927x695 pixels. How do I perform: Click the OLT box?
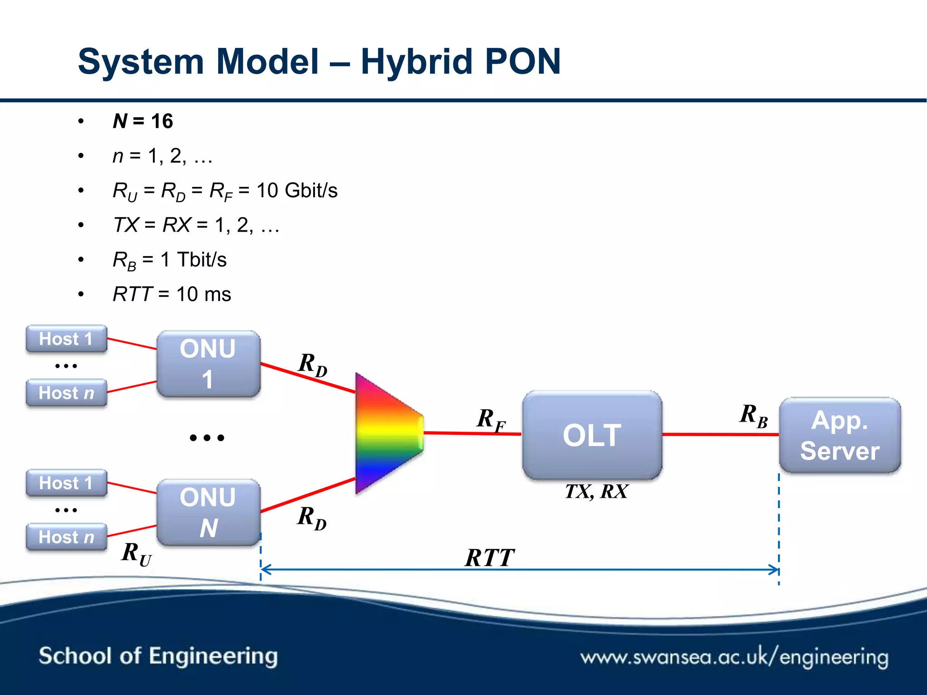(592, 435)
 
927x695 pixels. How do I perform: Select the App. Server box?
(840, 435)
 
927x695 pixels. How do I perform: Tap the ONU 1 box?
(208, 364)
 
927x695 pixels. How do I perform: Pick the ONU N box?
(208, 512)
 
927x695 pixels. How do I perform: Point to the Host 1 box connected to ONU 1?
(66, 338)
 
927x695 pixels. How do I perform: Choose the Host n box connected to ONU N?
(66, 537)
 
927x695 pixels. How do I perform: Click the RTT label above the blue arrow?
(490, 557)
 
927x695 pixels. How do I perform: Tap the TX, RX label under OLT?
(596, 491)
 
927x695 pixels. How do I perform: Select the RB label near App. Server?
(753, 415)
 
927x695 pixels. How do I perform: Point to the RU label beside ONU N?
(136, 553)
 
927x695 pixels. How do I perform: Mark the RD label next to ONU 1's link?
(312, 364)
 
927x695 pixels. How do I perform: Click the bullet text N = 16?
(143, 121)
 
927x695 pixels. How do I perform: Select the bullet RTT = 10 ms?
(172, 295)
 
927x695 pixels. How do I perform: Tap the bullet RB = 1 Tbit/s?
(170, 260)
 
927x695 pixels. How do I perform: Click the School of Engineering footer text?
(158, 656)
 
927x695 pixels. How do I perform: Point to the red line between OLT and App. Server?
(720, 434)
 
